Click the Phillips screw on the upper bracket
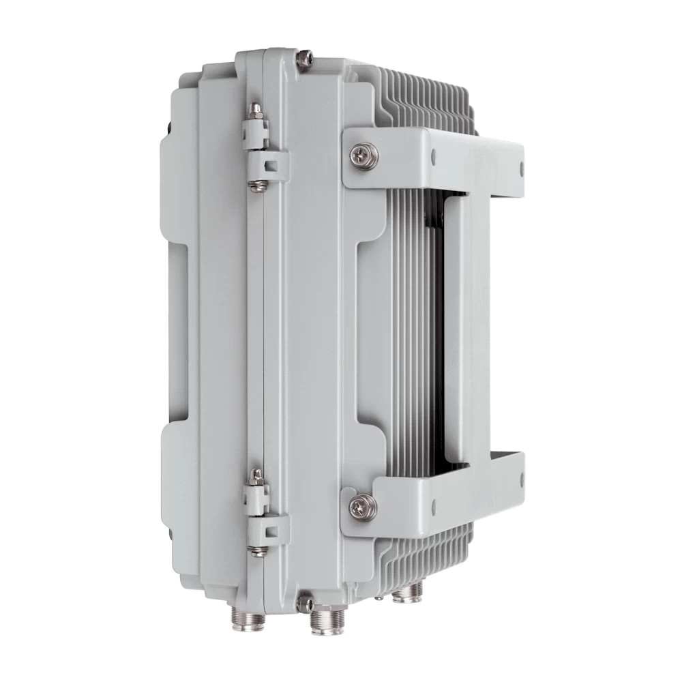pos(361,155)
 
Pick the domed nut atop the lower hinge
pos(257,475)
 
